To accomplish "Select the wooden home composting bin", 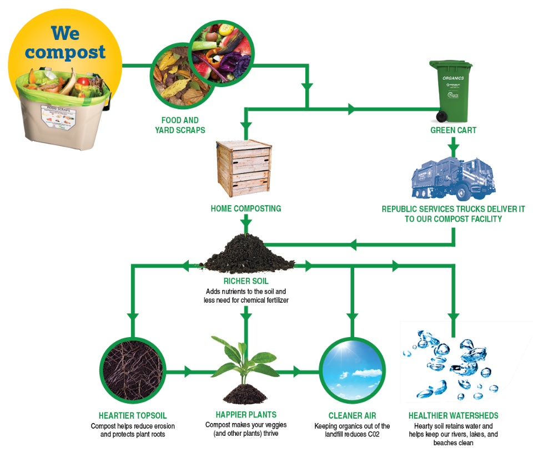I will pos(244,169).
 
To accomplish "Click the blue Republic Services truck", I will pos(453,178).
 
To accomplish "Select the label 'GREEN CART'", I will pos(453,131).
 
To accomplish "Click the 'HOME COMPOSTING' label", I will pos(245,209).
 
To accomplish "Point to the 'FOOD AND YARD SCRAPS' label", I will pos(179,125).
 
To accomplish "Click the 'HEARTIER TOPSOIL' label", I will pos(133,415).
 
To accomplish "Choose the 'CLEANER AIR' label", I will pos(352,415).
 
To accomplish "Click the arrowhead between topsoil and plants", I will pos(188,371).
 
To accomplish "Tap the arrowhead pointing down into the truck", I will pos(454,150).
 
